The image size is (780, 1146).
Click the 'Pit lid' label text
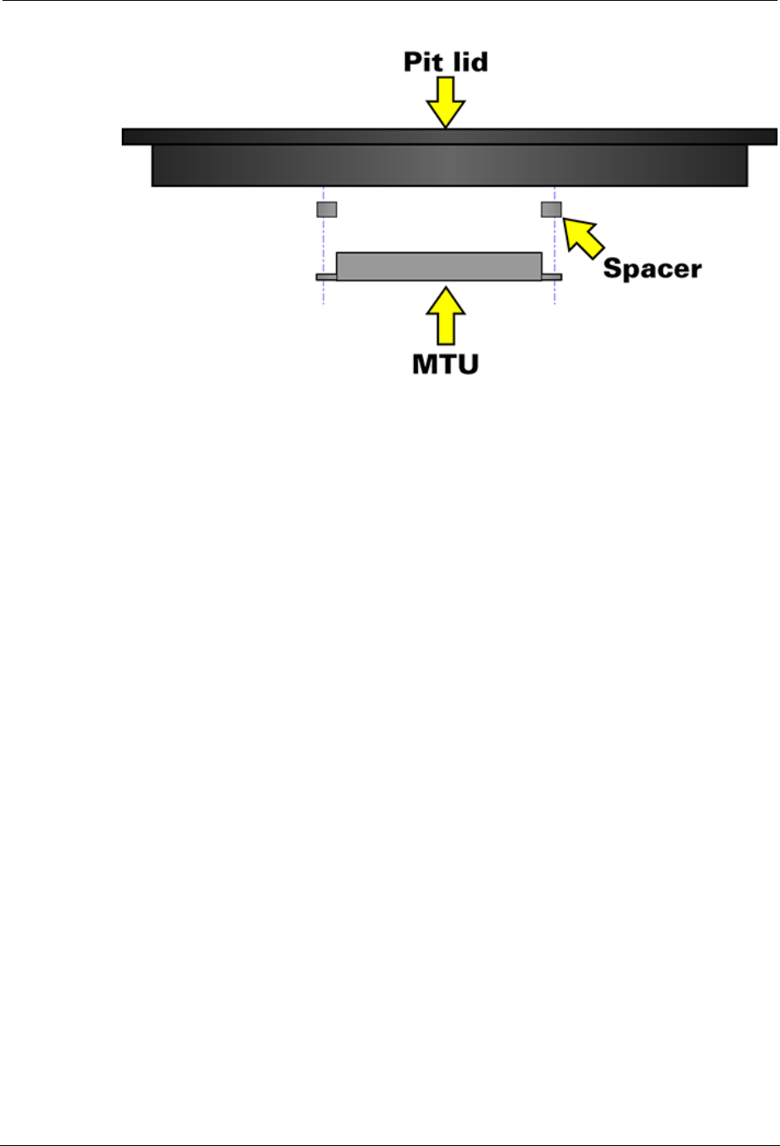point(445,62)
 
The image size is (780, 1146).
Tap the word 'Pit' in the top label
point(422,62)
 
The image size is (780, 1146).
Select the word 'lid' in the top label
point(469,62)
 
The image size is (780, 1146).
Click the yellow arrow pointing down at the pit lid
point(446,101)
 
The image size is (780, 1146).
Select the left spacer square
point(327,209)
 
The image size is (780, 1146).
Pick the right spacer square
point(551,209)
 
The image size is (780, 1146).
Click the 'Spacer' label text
point(652,268)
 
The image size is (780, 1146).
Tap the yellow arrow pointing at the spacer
point(585,236)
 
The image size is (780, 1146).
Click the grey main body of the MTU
point(439,266)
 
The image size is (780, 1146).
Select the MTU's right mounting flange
point(551,277)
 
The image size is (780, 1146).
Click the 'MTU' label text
point(445,364)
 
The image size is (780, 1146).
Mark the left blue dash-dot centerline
point(323,240)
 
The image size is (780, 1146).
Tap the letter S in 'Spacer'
point(613,268)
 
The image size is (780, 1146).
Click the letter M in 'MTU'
point(425,364)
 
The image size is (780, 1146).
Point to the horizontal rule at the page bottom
point(390,1144)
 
